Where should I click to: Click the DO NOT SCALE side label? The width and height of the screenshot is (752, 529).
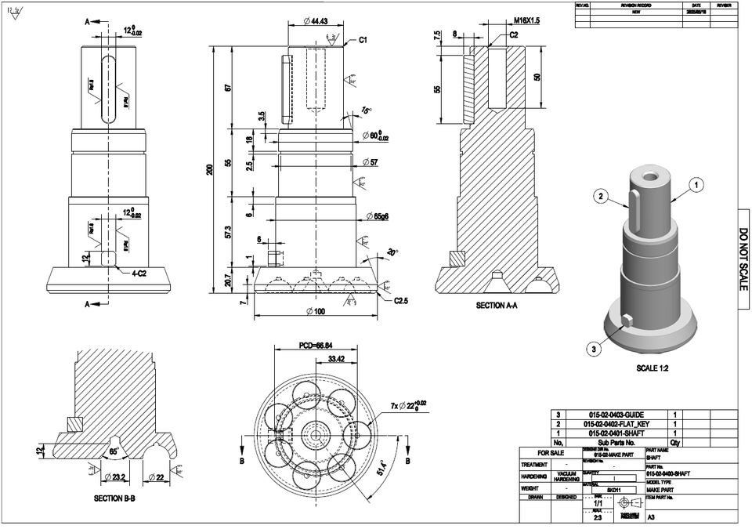point(744,259)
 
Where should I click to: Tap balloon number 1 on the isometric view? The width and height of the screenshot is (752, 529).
point(696,185)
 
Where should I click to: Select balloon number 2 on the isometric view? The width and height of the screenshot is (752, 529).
point(601,197)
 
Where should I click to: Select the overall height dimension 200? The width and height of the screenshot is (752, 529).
point(210,169)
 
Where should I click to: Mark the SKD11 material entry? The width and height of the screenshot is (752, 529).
point(613,490)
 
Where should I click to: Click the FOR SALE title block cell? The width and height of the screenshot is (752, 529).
point(550,453)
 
